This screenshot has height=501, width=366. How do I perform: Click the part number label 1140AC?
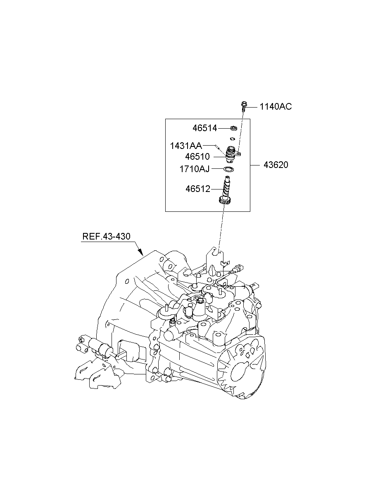coord(276,107)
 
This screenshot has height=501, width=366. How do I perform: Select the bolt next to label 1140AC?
coord(244,105)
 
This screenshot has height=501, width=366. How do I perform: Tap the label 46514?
coord(204,128)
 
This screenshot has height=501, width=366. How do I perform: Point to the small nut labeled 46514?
coord(233,128)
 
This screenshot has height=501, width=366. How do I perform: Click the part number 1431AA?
coord(186,146)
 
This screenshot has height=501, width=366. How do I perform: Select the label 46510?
coord(197,157)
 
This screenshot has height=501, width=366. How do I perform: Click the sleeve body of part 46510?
coord(232,155)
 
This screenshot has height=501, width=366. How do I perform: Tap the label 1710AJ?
coord(195,169)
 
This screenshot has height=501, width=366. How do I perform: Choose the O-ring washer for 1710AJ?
coord(229,169)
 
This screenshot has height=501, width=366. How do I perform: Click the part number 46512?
coord(198,189)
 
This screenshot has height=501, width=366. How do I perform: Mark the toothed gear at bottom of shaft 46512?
coord(224,201)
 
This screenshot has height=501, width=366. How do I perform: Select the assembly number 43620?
coord(276,165)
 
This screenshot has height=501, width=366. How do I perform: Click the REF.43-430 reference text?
coord(106,237)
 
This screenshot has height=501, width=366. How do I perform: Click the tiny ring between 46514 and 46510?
coord(232,139)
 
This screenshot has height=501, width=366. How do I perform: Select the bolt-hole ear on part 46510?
coord(239,155)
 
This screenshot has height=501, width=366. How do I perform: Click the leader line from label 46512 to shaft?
coord(217,189)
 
